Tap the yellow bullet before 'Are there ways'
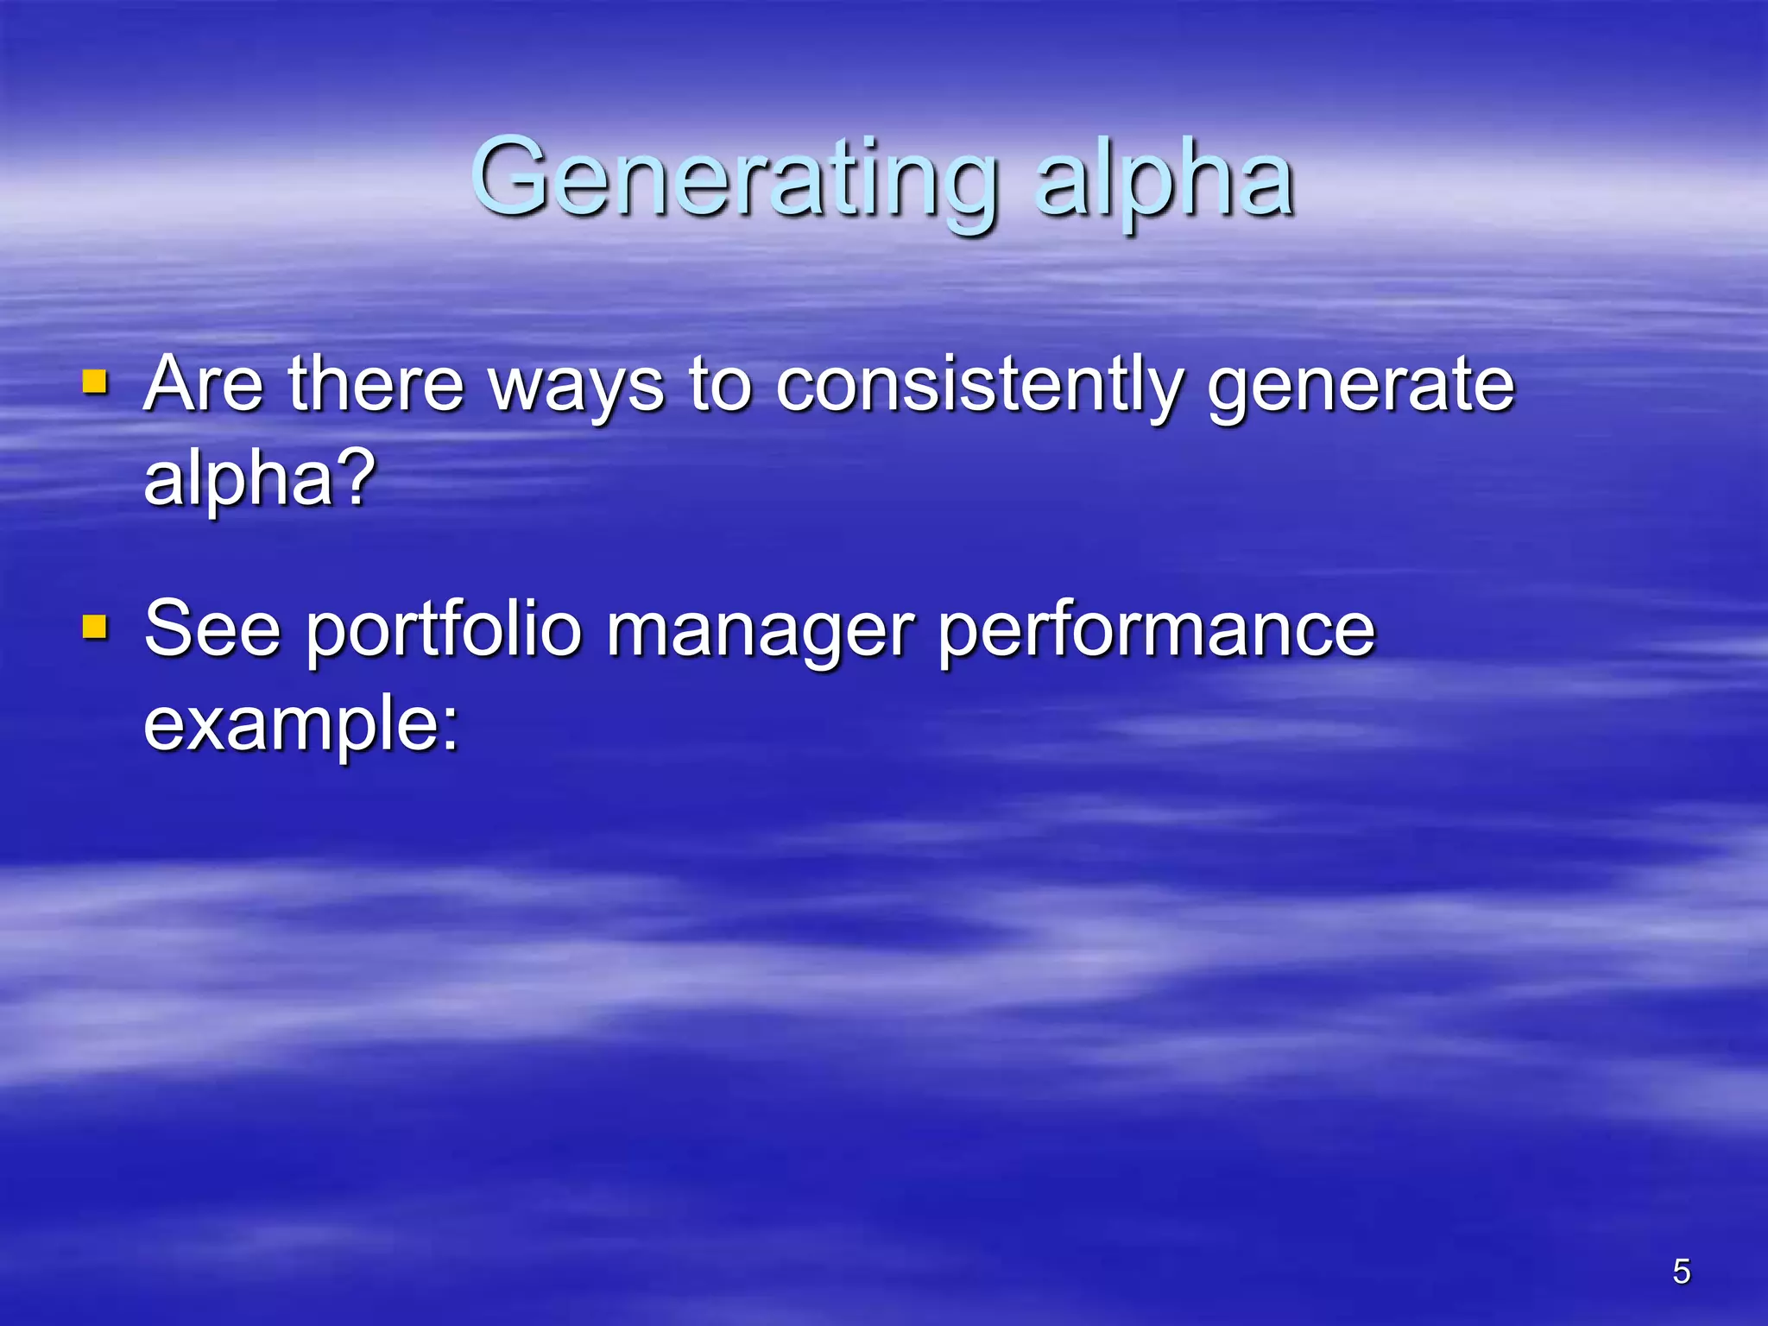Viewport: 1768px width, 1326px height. (x=95, y=382)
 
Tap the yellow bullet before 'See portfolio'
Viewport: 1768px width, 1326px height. (x=95, y=627)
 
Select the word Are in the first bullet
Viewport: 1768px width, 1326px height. (x=204, y=383)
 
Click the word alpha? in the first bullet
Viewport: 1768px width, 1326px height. (x=259, y=480)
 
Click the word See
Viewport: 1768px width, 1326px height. (x=212, y=629)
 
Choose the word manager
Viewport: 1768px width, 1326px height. (x=760, y=634)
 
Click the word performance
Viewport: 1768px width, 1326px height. (x=1157, y=634)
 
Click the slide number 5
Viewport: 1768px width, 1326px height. (x=1681, y=1272)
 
